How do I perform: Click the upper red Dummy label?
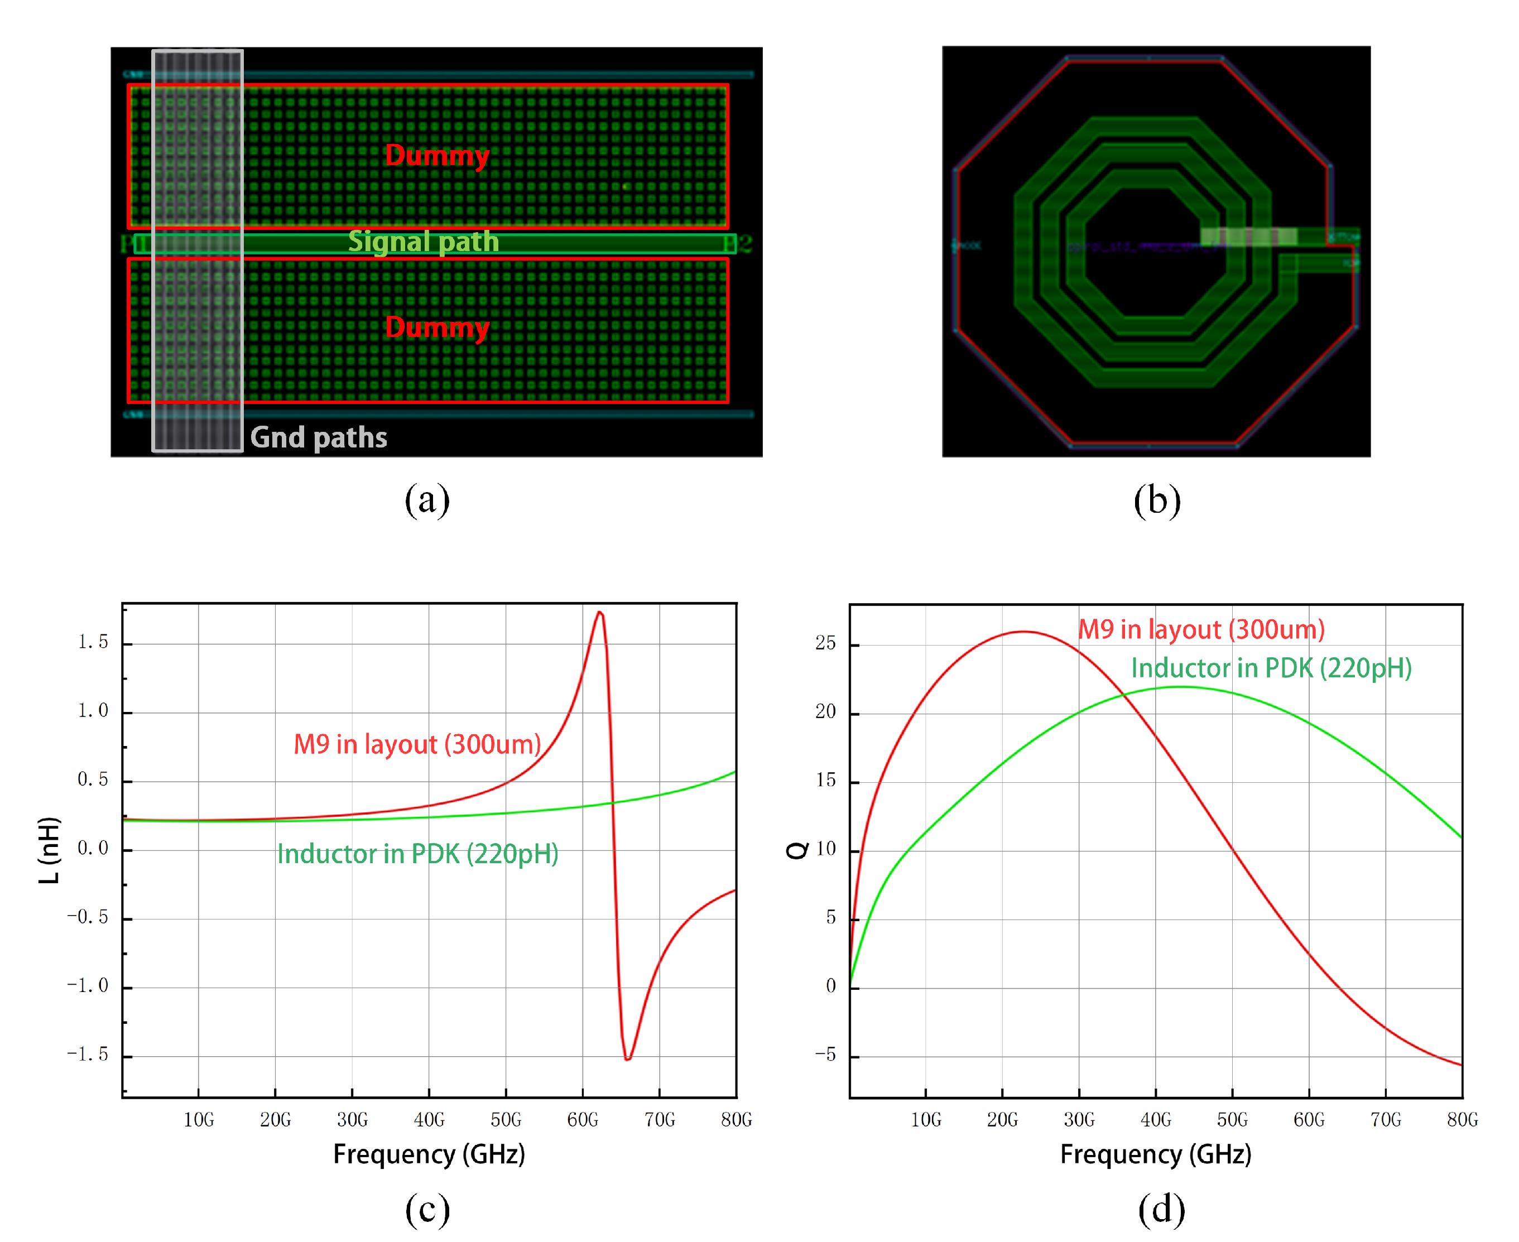click(436, 155)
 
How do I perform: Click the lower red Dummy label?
click(436, 328)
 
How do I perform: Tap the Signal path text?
click(423, 242)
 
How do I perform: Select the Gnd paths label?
click(319, 437)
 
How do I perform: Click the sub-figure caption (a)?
click(427, 499)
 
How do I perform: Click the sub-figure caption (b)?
click(1157, 500)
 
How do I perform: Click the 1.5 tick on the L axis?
click(93, 642)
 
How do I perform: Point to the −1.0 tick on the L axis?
click(87, 986)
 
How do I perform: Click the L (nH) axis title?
click(49, 850)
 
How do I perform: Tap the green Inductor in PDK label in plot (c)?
click(418, 854)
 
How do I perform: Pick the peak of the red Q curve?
click(1023, 632)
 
